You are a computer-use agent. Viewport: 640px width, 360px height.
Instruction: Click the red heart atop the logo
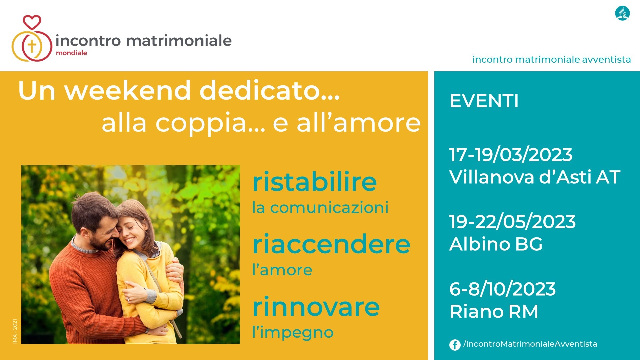32,22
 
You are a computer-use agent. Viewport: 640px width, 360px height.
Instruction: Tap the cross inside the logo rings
32,46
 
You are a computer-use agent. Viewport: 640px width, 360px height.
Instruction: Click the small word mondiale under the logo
71,53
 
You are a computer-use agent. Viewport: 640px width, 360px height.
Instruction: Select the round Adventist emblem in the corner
622,13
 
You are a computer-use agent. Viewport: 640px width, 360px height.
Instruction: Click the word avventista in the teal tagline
606,60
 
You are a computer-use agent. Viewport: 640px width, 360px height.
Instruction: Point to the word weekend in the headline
127,91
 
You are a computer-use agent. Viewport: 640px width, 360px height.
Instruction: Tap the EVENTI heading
484,101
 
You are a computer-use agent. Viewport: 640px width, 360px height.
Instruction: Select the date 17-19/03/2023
511,155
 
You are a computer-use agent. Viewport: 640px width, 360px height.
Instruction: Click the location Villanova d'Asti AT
535,177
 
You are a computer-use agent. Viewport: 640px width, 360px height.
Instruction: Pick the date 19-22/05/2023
512,222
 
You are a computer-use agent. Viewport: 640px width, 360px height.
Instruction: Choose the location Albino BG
496,244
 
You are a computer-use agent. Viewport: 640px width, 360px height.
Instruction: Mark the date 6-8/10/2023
502,289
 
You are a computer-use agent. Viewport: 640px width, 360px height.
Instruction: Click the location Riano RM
494,312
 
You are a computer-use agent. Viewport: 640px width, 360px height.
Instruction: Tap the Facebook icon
455,345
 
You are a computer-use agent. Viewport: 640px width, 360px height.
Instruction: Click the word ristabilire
315,182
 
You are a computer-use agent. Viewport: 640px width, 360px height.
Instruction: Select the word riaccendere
331,244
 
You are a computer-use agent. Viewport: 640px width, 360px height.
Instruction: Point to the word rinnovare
316,307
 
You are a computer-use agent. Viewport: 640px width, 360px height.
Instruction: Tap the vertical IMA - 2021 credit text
15,331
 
